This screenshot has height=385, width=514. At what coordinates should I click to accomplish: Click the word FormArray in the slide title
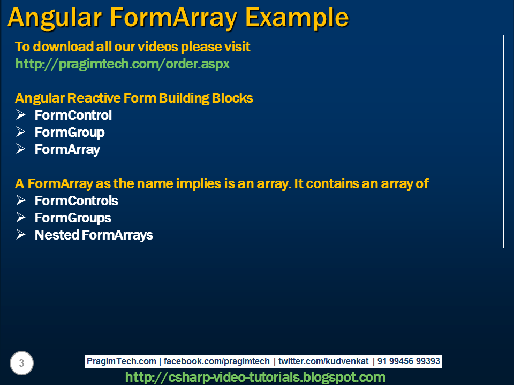point(170,18)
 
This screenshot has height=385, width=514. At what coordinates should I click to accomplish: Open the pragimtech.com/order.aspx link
point(122,64)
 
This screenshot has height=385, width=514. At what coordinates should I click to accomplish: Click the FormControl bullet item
point(73,115)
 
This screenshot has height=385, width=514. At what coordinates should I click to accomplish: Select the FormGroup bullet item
point(70,133)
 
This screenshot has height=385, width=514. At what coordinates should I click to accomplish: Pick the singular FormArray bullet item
point(67,150)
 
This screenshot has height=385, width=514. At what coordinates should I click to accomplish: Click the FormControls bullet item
point(77,201)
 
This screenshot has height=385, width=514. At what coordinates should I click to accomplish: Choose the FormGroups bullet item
point(73,218)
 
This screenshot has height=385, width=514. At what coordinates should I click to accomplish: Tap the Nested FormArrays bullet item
point(94,235)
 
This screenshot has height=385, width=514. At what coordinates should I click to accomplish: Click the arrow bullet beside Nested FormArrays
point(21,235)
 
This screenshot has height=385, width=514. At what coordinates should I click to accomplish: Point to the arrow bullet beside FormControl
point(21,115)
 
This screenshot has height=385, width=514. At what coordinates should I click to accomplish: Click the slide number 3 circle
point(21,364)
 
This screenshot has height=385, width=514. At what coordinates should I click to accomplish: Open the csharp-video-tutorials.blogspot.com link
point(255,378)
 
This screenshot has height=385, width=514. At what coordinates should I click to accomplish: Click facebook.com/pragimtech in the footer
point(217,361)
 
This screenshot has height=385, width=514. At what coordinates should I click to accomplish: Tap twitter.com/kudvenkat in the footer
point(323,361)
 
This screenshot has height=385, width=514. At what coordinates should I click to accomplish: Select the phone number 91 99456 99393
point(409,361)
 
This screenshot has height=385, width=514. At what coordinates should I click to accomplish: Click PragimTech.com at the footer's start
point(122,361)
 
